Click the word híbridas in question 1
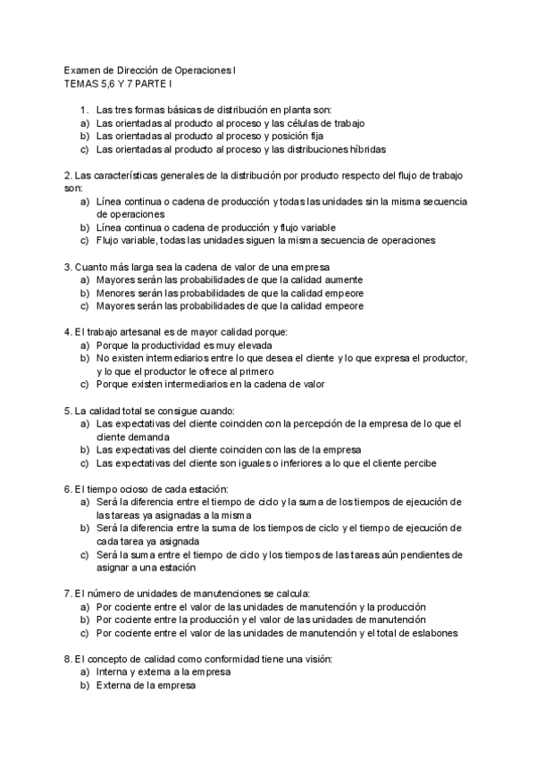(366, 149)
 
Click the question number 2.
(68, 176)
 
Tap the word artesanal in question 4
(130, 331)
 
